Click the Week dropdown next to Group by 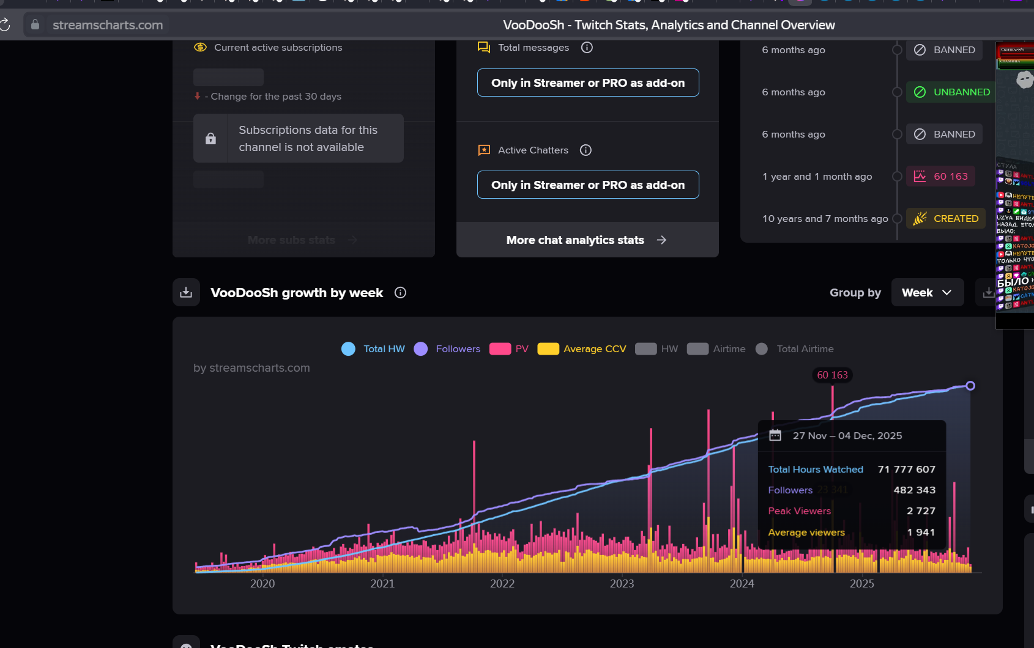coord(927,293)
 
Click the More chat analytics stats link coord(587,240)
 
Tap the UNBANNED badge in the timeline coord(952,92)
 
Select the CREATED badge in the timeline coord(946,219)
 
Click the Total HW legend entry coord(373,349)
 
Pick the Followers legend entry coord(447,349)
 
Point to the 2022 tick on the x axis coord(502,583)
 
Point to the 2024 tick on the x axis coord(742,583)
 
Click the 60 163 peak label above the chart coord(832,375)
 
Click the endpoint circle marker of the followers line coord(970,386)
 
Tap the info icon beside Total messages coord(587,48)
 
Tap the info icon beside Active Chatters coord(586,150)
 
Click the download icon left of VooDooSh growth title coord(186,293)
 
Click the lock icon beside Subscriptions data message coord(210,139)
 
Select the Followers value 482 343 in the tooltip coord(914,490)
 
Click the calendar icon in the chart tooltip coord(775,435)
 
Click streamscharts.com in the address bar coord(108,25)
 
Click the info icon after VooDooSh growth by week coord(400,293)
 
